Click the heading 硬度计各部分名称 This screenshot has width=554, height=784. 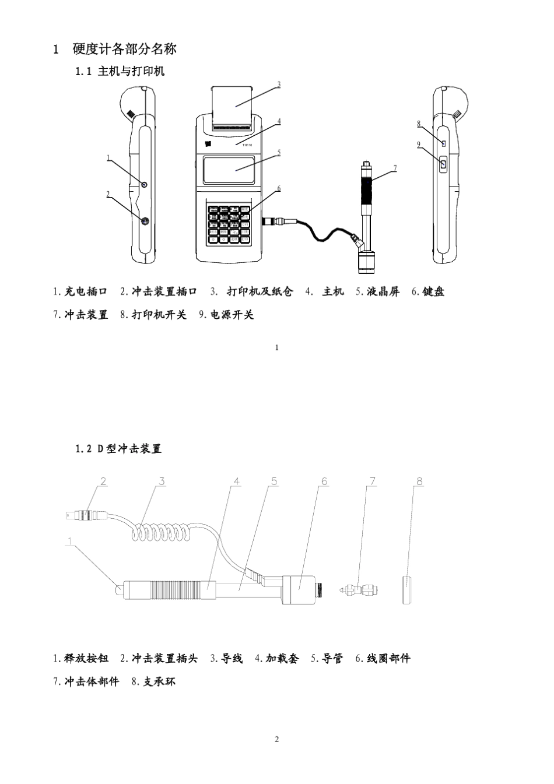pos(124,49)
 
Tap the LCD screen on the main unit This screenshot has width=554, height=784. pos(230,170)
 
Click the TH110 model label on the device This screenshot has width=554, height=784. pos(247,146)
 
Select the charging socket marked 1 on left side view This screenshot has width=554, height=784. pos(145,184)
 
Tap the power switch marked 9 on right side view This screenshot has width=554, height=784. pos(443,166)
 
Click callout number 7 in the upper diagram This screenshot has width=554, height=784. pos(395,168)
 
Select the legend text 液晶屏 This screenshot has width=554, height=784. pos(383,292)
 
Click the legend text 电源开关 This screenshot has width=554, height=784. pos(232,315)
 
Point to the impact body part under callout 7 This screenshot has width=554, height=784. pos(357,589)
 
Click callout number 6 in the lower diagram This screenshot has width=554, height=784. pos(324,481)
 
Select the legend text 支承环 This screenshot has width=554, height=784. pos(159,681)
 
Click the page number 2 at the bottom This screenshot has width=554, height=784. pos(276,740)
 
